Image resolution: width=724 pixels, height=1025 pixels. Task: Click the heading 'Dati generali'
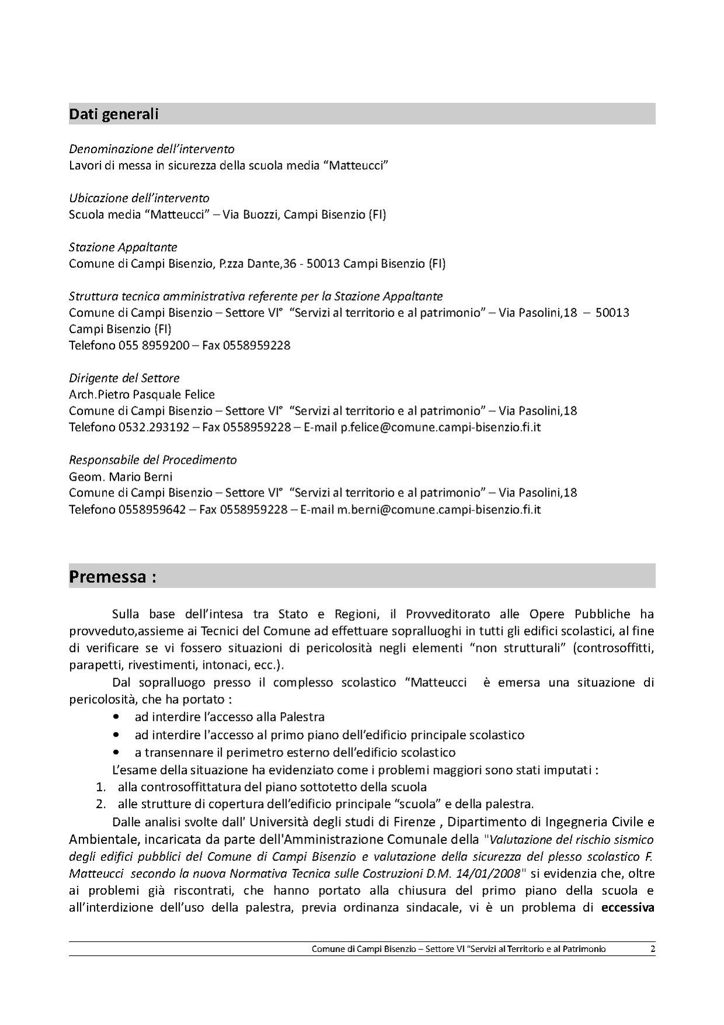114,114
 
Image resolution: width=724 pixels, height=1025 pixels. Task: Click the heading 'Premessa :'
113,577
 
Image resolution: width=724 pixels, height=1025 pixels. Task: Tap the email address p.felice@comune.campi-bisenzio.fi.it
441,427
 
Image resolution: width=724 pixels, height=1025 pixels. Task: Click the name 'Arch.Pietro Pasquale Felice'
142,395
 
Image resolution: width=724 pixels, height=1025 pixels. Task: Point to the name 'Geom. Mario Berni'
121,477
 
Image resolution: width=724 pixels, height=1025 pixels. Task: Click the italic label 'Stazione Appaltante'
123,247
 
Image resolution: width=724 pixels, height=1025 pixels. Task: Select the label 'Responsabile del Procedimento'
153,460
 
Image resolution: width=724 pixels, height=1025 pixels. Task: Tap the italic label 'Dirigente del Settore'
124,378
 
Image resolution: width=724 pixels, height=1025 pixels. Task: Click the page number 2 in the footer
652,949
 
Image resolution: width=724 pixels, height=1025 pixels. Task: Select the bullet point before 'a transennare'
119,753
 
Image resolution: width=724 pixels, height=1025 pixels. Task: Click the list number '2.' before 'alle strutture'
101,803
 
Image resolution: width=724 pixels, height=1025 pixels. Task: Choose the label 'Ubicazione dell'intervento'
139,198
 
